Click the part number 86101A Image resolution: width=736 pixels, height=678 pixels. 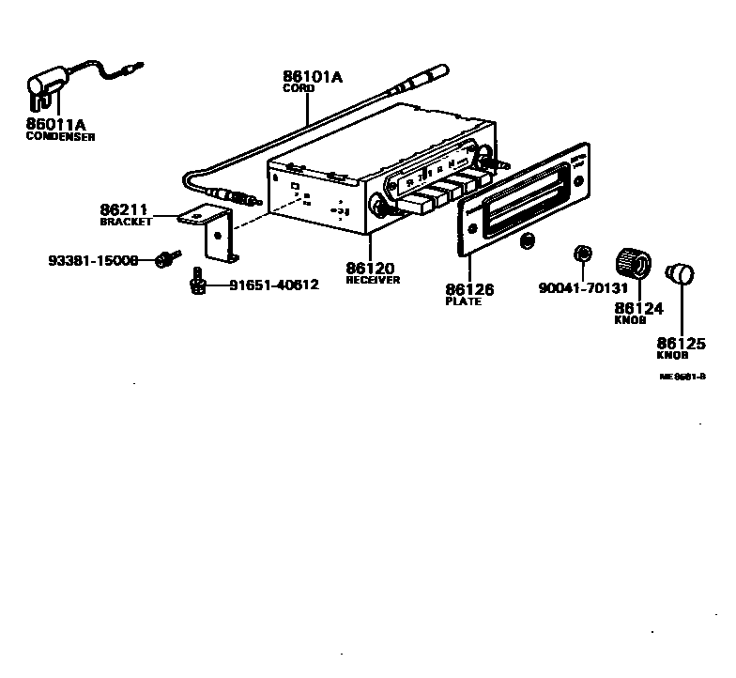coord(313,77)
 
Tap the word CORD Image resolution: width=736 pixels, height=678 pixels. coord(299,88)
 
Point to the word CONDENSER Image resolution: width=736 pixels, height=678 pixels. coord(60,137)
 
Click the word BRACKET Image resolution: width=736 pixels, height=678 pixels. coord(126,223)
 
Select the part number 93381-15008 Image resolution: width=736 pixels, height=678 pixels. coord(93,259)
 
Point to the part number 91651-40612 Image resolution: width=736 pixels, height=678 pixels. coord(273,285)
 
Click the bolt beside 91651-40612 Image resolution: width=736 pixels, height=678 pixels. coord(196,282)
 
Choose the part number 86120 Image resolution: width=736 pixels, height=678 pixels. coord(370,268)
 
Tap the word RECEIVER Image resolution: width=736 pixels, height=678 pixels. coord(373,280)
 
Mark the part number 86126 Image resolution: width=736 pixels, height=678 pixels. coord(469,289)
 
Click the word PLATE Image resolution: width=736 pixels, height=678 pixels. coord(463,301)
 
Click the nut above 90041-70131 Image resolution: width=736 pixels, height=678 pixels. coord(582,254)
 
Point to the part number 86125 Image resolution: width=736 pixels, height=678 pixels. coord(681,344)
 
